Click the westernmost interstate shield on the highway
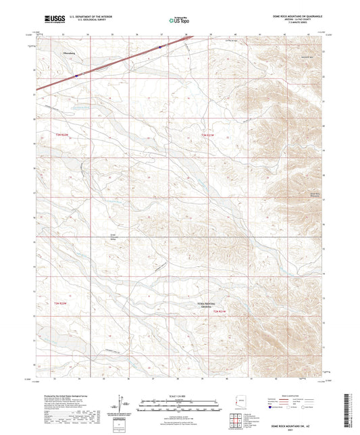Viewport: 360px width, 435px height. tap(76, 76)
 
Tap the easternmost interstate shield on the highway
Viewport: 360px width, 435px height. tap(160, 47)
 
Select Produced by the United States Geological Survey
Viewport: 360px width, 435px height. tap(56, 394)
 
